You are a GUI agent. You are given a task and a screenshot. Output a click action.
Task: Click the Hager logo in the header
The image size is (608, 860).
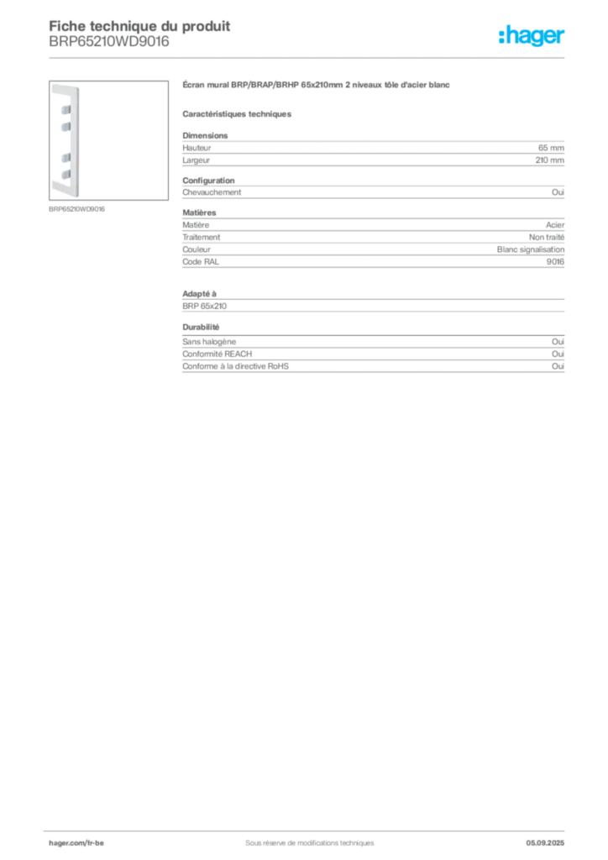coord(532,36)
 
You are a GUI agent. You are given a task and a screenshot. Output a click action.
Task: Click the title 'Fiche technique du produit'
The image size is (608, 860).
coord(139,26)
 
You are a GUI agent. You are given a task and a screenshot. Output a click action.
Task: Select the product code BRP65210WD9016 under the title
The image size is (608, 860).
coord(109,42)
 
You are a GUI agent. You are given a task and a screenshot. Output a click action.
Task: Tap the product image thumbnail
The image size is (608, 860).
coord(108,140)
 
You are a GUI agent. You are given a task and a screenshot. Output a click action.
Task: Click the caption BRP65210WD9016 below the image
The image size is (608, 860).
coord(76,209)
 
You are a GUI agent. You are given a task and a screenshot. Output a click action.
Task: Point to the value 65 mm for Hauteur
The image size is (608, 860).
coord(551,148)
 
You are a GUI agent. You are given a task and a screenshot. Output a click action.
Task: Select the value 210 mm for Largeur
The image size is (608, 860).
coord(550,160)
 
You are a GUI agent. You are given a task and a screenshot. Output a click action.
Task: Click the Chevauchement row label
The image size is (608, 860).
coord(212,192)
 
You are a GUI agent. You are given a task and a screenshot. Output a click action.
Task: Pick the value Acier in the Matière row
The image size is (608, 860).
coord(555,225)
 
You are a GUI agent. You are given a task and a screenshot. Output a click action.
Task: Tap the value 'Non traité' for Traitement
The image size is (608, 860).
coord(547,237)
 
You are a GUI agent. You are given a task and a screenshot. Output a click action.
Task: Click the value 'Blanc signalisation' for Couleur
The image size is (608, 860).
coord(531,249)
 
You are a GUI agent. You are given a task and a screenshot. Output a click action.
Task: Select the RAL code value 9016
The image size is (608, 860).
coord(555,262)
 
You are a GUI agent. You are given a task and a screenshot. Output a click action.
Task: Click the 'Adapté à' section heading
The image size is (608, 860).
coord(200,294)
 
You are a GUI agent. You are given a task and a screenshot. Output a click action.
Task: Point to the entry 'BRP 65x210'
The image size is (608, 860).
coord(205,306)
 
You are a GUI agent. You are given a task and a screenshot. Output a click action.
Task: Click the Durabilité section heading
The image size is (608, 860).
coord(201,327)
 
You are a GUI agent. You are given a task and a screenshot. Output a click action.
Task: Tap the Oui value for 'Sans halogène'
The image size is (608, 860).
coord(558,342)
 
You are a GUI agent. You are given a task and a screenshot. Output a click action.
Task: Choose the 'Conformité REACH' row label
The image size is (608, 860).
coord(218,354)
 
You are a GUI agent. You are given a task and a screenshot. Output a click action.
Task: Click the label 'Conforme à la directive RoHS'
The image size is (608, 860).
coord(236,366)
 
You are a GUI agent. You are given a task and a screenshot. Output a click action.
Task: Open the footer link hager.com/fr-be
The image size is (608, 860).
coord(76,843)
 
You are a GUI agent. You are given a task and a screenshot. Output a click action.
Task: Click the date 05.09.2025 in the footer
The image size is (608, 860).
coord(545,843)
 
